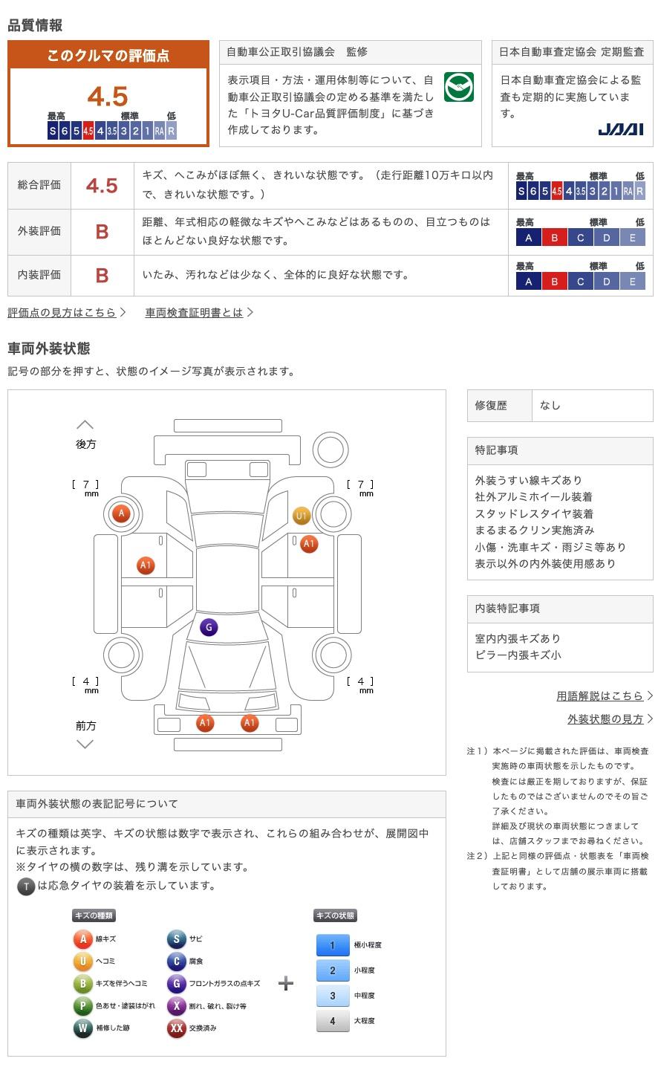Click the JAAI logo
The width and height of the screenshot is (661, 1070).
click(620, 129)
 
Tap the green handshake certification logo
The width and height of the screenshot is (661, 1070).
click(458, 87)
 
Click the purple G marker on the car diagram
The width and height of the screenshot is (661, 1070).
click(209, 627)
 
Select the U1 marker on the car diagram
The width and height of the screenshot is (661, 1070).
click(302, 516)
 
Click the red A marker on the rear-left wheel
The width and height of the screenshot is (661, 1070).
click(121, 513)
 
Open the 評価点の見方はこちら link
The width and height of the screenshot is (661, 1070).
click(66, 313)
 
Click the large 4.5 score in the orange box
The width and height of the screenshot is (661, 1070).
click(108, 97)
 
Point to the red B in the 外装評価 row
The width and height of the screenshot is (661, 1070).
click(102, 232)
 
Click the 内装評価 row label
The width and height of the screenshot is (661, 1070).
click(39, 275)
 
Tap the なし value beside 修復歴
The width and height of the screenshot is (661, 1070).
click(550, 406)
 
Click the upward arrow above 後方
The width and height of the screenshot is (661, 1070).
click(85, 425)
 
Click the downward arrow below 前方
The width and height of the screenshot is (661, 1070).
click(85, 744)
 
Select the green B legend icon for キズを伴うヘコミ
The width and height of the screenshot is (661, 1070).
click(82, 983)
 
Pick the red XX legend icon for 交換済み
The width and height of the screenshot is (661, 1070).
click(176, 1028)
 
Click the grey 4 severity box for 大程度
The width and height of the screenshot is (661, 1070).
click(332, 1021)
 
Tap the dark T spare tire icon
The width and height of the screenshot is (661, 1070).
click(26, 886)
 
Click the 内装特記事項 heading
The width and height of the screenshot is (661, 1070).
click(507, 609)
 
